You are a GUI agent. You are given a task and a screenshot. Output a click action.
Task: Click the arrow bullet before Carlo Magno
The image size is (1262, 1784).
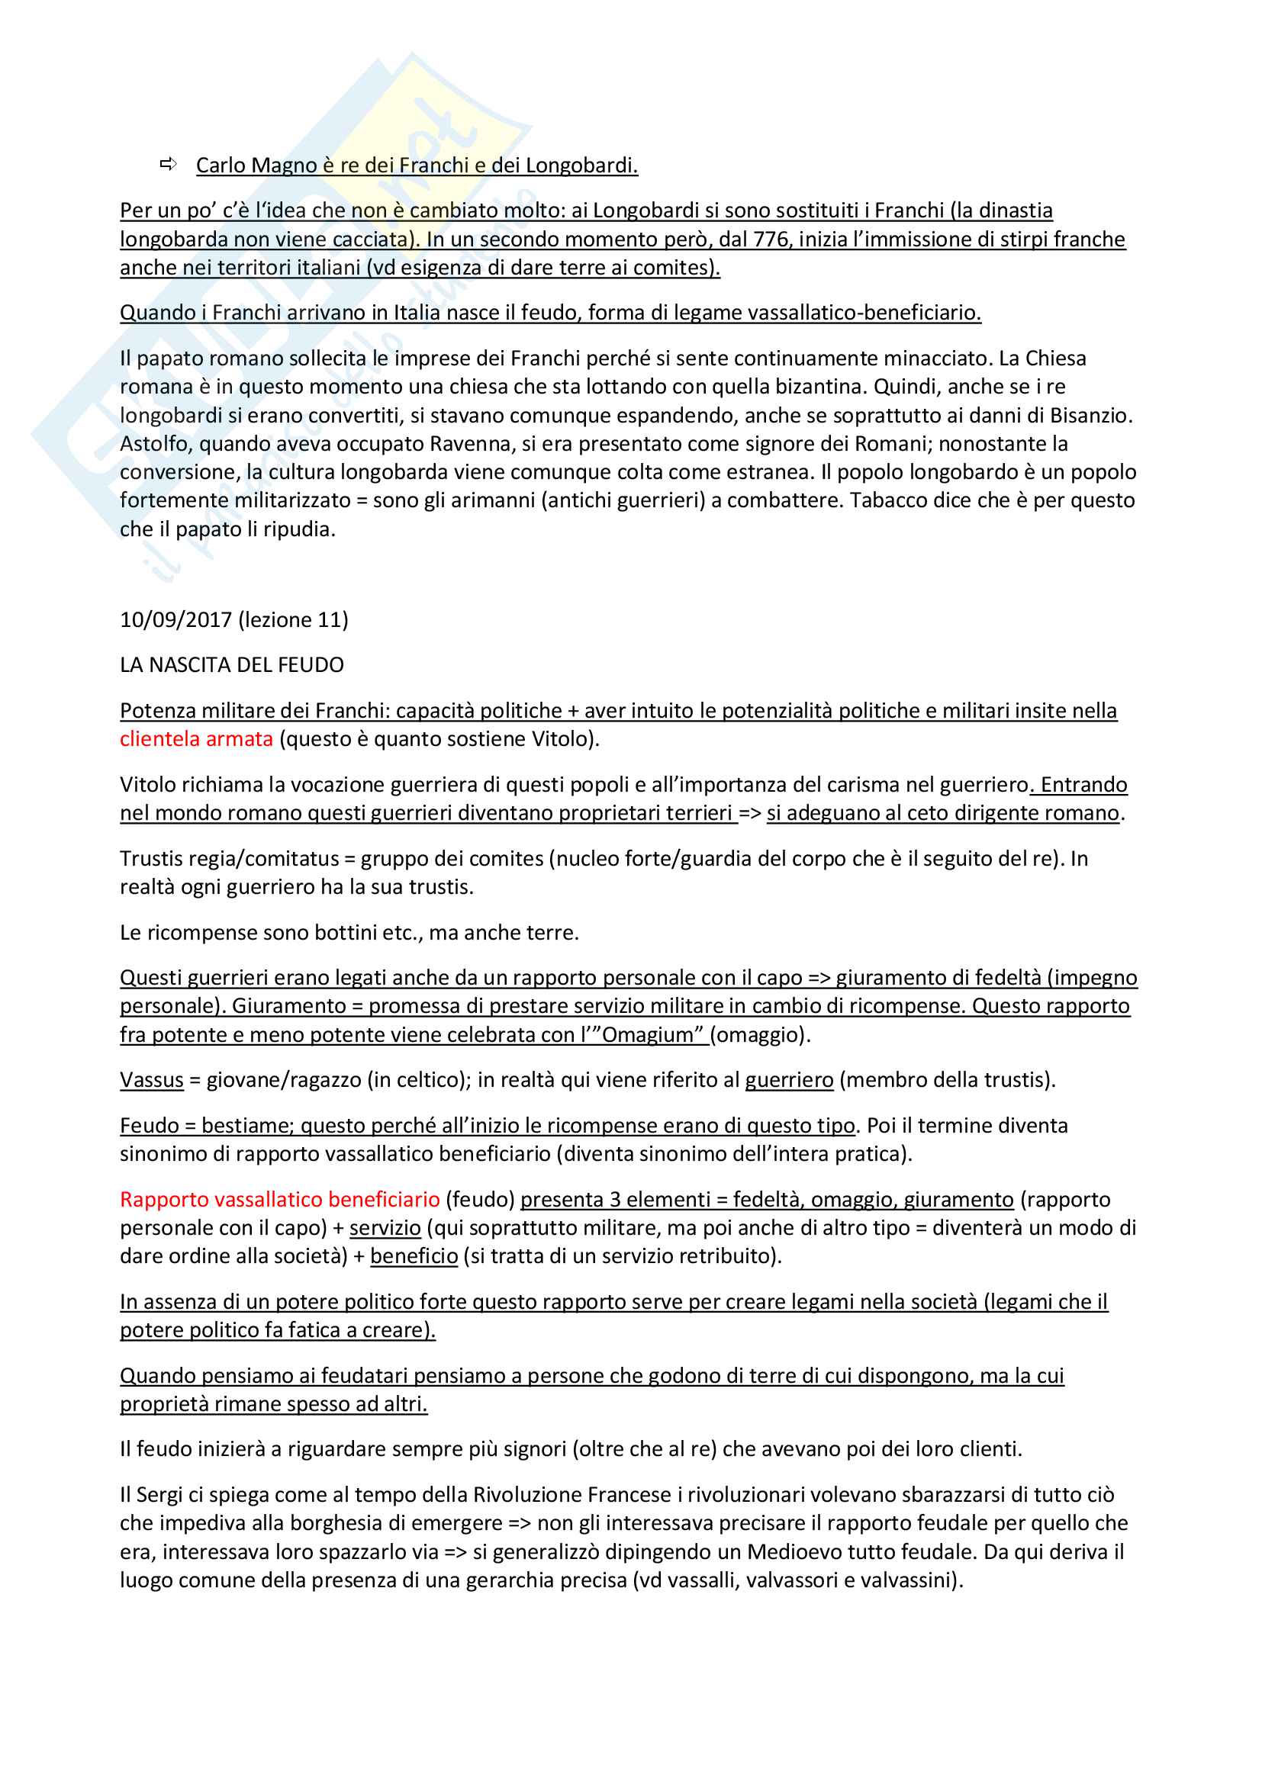tap(168, 164)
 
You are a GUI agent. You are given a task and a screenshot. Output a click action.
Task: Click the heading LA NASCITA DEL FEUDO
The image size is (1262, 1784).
tap(232, 664)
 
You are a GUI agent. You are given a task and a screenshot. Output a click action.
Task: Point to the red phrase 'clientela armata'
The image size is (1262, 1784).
tap(196, 738)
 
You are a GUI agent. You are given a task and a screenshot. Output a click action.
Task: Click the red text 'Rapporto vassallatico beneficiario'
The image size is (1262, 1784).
tap(280, 1199)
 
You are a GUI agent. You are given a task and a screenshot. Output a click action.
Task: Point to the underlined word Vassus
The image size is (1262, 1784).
tap(152, 1079)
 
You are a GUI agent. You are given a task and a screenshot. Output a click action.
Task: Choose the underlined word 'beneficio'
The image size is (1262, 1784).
tap(414, 1255)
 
